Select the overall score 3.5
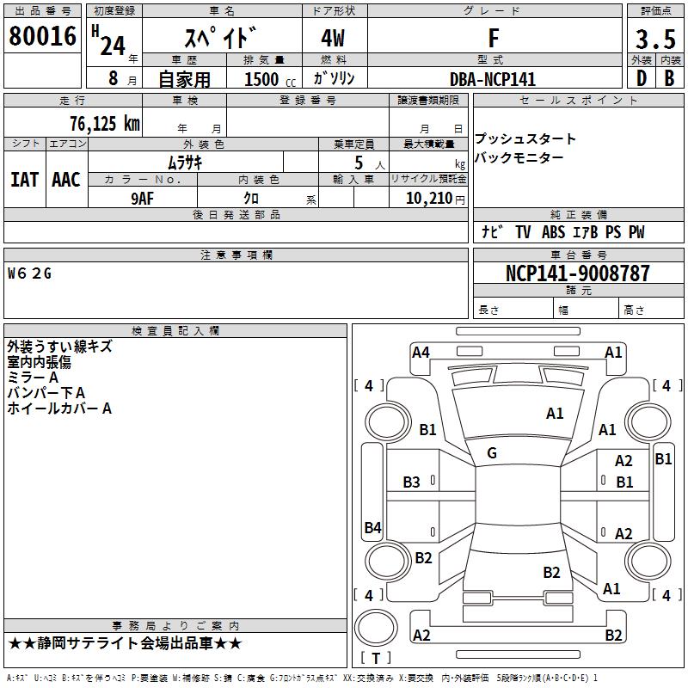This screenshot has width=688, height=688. point(654,40)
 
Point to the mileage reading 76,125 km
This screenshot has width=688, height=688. point(104,123)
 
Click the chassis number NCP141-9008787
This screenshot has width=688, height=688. point(577,273)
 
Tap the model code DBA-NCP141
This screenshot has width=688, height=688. point(493,79)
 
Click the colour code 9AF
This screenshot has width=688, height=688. point(142,198)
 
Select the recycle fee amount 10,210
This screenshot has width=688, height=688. point(433,198)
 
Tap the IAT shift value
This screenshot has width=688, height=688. point(24,179)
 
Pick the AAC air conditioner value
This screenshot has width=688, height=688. point(66,179)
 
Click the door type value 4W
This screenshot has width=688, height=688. point(335,40)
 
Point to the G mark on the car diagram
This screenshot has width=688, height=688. point(492,453)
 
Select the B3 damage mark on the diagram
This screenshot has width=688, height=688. point(412,482)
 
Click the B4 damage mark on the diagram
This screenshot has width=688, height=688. point(372,528)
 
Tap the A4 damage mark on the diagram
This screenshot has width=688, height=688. point(421,352)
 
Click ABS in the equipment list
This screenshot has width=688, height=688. point(553,232)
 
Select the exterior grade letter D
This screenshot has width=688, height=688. point(641,77)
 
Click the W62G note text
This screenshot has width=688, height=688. point(30,273)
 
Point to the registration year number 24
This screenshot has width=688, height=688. point(112,45)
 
